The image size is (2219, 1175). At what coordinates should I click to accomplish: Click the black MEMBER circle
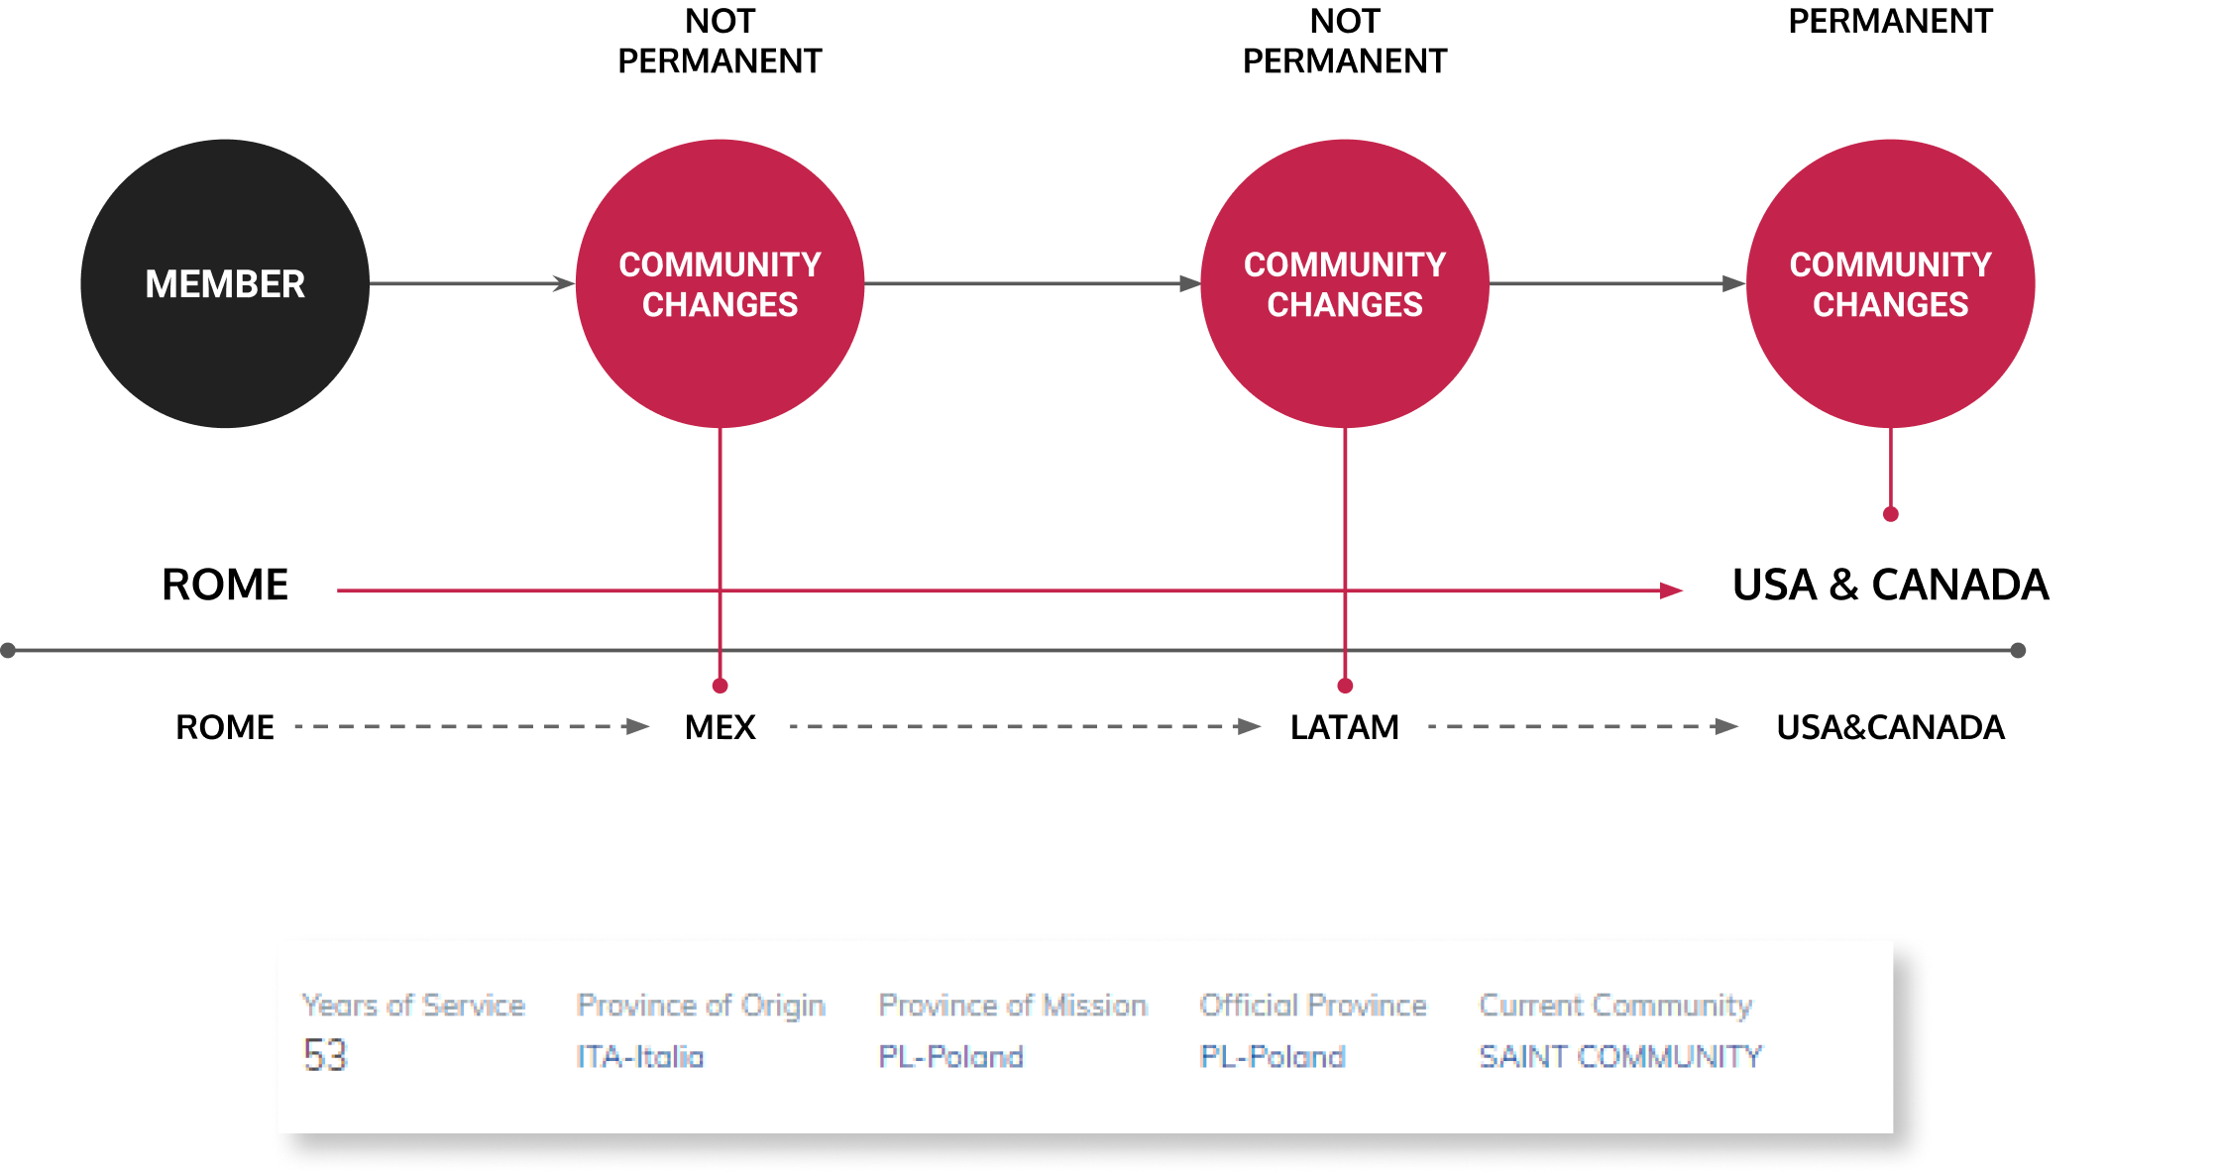coord(225,283)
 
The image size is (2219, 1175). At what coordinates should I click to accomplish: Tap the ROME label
coord(225,727)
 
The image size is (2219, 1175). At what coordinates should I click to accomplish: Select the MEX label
coord(720,727)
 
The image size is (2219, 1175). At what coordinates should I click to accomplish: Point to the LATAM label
coord(1344,727)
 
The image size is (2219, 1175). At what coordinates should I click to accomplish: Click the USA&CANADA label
coord(1890,727)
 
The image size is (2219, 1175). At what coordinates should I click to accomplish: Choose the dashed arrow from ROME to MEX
coord(471,726)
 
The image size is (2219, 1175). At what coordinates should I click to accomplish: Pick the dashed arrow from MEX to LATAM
coord(1024,726)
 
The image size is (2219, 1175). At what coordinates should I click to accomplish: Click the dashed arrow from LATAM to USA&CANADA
coord(1583,726)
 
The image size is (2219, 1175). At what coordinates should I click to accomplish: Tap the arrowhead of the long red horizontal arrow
coord(1672,590)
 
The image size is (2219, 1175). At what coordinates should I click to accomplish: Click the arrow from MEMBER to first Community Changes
coord(472,283)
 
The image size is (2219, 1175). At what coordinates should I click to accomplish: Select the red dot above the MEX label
coord(721,686)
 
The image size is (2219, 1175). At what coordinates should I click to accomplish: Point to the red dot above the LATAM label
coord(1345,686)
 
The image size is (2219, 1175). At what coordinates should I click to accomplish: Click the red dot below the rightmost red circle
coord(1891,514)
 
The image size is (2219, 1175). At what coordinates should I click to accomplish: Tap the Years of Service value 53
coord(325,1055)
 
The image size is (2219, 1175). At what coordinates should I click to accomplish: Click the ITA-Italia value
coord(640,1056)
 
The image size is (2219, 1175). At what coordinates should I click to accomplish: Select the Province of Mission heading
coord(1013,1005)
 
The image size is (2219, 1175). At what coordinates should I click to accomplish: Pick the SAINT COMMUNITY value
coord(1620,1056)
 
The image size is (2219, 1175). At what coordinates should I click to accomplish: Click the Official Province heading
coord(1313,1005)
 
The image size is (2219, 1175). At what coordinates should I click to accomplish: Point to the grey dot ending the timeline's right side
coord(2019,650)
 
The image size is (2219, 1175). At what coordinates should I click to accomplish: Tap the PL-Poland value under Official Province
coord(1273,1056)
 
